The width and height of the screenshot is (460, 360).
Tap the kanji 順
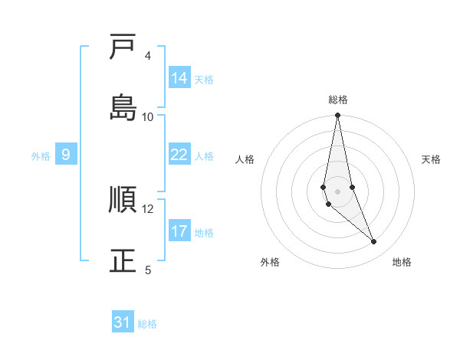pos(123,200)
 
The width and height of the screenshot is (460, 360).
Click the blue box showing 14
pos(179,77)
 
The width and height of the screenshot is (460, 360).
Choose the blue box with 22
pos(179,155)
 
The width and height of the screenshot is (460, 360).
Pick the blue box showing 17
pos(179,231)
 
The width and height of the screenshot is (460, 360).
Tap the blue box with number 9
pos(66,155)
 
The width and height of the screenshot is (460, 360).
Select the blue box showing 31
pos(123,322)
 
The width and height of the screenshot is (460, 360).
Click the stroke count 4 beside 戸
pos(148,56)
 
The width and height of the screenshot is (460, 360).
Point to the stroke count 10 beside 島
pos(148,116)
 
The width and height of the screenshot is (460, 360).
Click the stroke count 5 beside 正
pos(148,270)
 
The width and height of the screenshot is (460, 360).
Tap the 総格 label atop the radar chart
pos(338,100)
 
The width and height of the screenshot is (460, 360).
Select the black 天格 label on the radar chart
pos(432,159)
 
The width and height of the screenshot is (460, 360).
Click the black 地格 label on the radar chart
pos(402,262)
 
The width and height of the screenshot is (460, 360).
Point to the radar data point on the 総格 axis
pos(338,116)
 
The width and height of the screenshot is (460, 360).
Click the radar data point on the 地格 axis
pos(374,242)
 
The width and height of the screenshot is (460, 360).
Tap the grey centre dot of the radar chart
pos(338,191)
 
